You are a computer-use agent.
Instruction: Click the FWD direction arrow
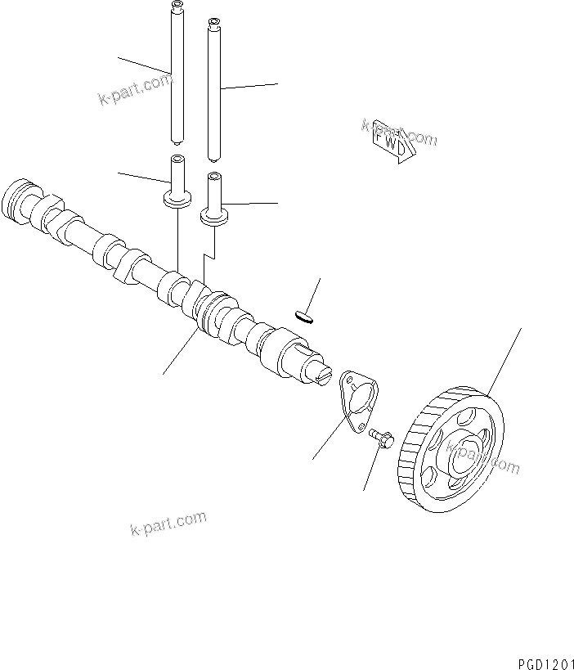point(389,142)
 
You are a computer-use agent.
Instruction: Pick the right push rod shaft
point(215,90)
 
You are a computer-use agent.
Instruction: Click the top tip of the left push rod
point(175,7)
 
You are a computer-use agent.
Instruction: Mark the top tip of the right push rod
point(214,21)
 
